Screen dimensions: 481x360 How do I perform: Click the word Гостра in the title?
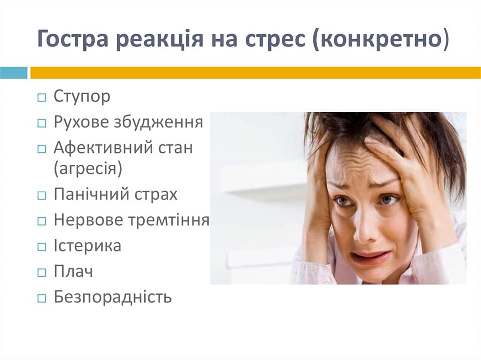[73, 39]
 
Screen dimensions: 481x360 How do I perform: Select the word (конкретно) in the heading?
[381, 39]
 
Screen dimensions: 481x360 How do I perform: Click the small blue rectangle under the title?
[14, 73]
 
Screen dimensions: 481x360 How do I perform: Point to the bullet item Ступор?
[82, 97]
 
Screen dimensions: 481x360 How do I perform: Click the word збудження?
[159, 122]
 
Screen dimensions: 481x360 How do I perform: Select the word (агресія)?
[88, 168]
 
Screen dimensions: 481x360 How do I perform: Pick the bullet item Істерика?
[87, 246]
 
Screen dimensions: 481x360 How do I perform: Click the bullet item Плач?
[73, 271]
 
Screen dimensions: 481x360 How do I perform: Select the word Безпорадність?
[113, 297]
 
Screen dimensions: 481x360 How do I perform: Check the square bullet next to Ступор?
[42, 98]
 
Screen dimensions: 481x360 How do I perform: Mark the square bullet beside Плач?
[42, 272]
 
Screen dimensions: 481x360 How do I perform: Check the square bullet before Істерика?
[42, 247]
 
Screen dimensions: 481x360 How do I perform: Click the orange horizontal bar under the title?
[256, 73]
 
